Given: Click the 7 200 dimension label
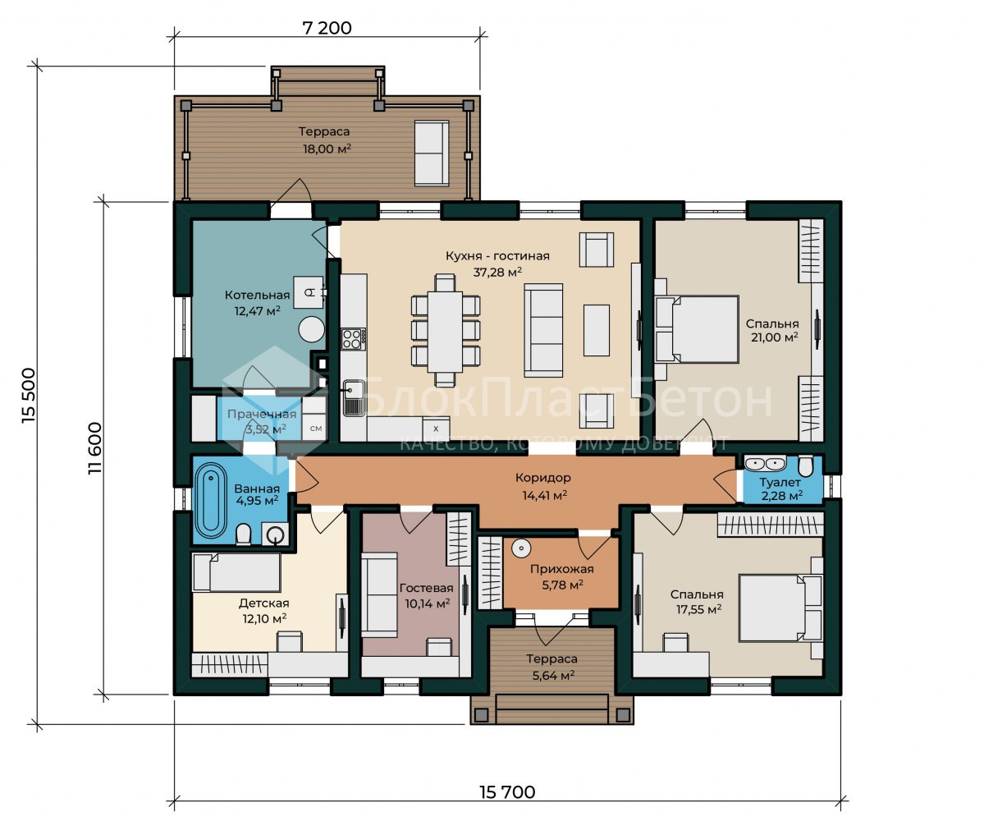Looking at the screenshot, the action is (x=327, y=28).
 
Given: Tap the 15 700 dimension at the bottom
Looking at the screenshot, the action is (x=507, y=792).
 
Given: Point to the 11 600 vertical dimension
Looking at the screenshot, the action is (x=95, y=448).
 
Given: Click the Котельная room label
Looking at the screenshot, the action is (x=258, y=295).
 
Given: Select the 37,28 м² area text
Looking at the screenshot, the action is (x=497, y=273).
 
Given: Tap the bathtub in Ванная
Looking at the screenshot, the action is (x=211, y=501).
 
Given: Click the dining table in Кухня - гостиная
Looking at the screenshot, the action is (x=445, y=332).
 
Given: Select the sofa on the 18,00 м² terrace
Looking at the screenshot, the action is (x=432, y=153).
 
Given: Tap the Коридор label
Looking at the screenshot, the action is (x=543, y=477).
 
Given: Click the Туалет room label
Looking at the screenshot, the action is (x=780, y=482).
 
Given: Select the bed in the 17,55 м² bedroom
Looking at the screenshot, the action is (x=780, y=608).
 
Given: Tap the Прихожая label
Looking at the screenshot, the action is (x=562, y=569).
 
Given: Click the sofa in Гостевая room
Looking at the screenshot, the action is (x=379, y=595).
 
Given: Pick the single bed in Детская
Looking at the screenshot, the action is (x=236, y=572).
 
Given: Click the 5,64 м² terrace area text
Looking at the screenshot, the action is (x=553, y=675).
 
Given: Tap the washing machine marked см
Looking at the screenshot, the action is (x=314, y=428).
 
